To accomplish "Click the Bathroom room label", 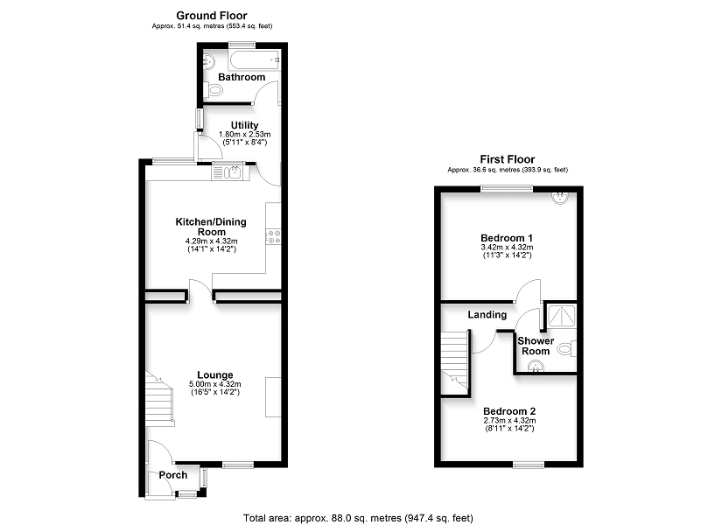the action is click(242, 77).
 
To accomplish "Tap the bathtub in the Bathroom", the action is click(254, 59).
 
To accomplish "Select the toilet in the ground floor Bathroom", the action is click(213, 90).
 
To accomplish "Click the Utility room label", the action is click(244, 125).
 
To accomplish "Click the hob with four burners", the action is click(274, 237).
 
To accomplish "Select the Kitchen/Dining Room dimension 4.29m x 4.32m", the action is click(212, 241).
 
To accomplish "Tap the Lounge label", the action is click(215, 374).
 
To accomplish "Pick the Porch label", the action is click(173, 475).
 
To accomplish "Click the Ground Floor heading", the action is click(212, 16).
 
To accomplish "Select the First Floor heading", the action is click(508, 159).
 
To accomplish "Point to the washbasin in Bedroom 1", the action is click(560, 197).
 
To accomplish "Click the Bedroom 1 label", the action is click(507, 238).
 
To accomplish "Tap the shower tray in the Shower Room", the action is click(560, 316).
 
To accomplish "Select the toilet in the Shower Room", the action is click(567, 348).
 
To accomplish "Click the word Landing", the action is click(487, 314).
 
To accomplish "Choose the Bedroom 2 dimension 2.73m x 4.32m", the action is click(509, 421).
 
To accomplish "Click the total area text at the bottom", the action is click(358, 518).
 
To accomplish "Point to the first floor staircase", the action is click(455, 363).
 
